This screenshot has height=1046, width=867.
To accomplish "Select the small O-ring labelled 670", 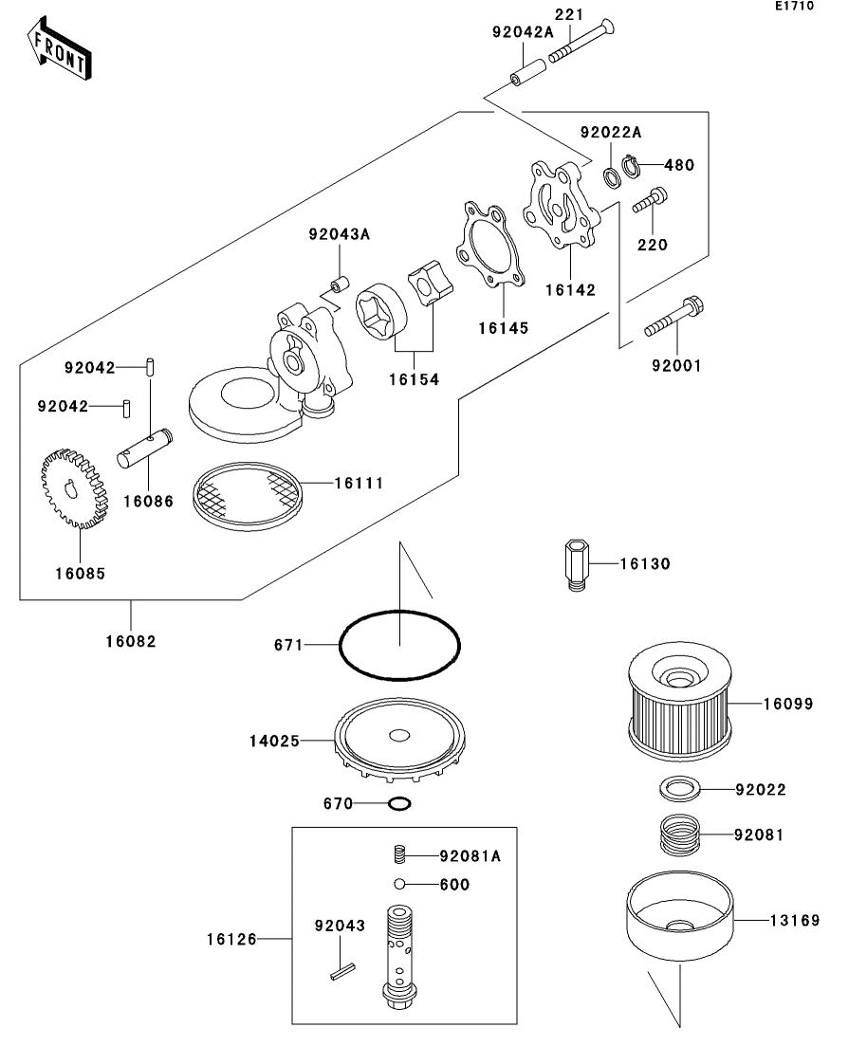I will click(400, 804).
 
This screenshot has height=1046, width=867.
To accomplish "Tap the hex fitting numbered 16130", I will click(576, 565).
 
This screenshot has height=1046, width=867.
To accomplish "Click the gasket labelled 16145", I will click(489, 244).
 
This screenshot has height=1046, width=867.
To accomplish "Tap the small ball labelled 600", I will click(401, 885).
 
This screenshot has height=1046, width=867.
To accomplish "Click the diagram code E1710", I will click(794, 7).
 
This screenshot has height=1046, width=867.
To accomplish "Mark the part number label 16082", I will click(131, 641).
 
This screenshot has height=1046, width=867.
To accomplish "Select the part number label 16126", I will click(231, 940).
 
